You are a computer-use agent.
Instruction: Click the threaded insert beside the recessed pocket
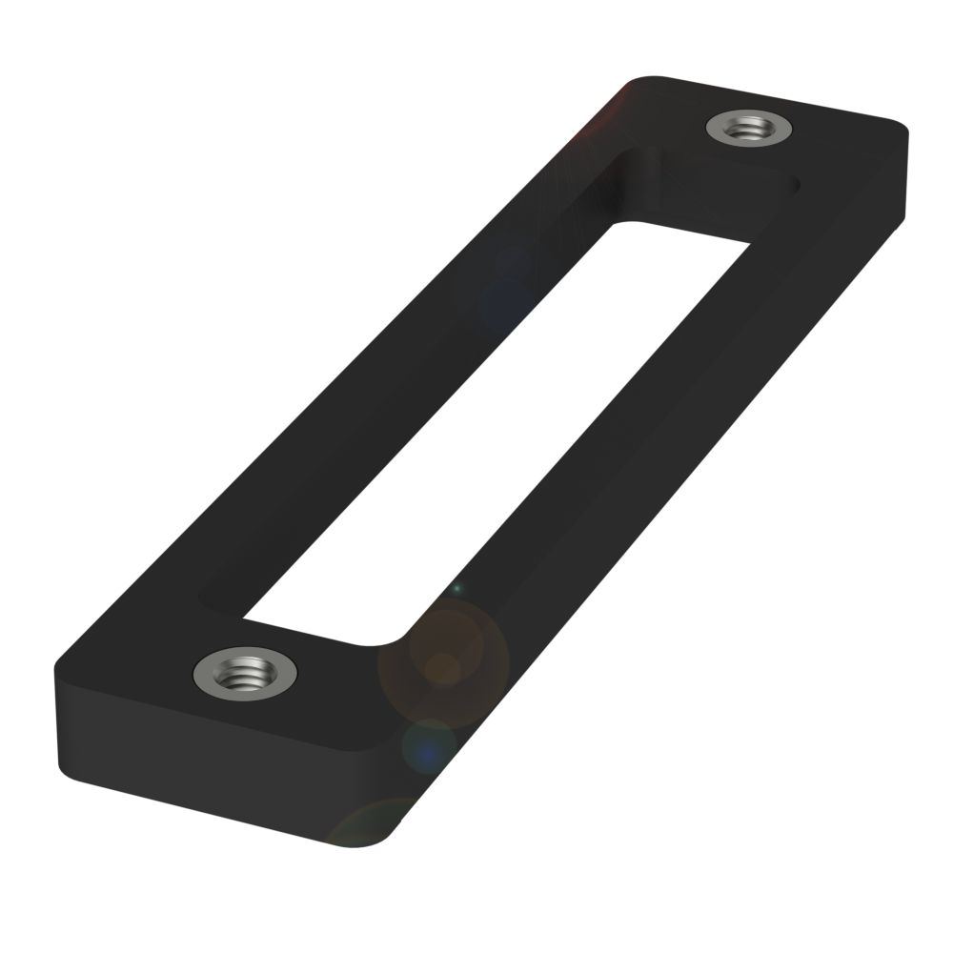751,127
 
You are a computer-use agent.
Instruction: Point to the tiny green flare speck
456,588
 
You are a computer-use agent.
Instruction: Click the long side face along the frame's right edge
667,524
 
